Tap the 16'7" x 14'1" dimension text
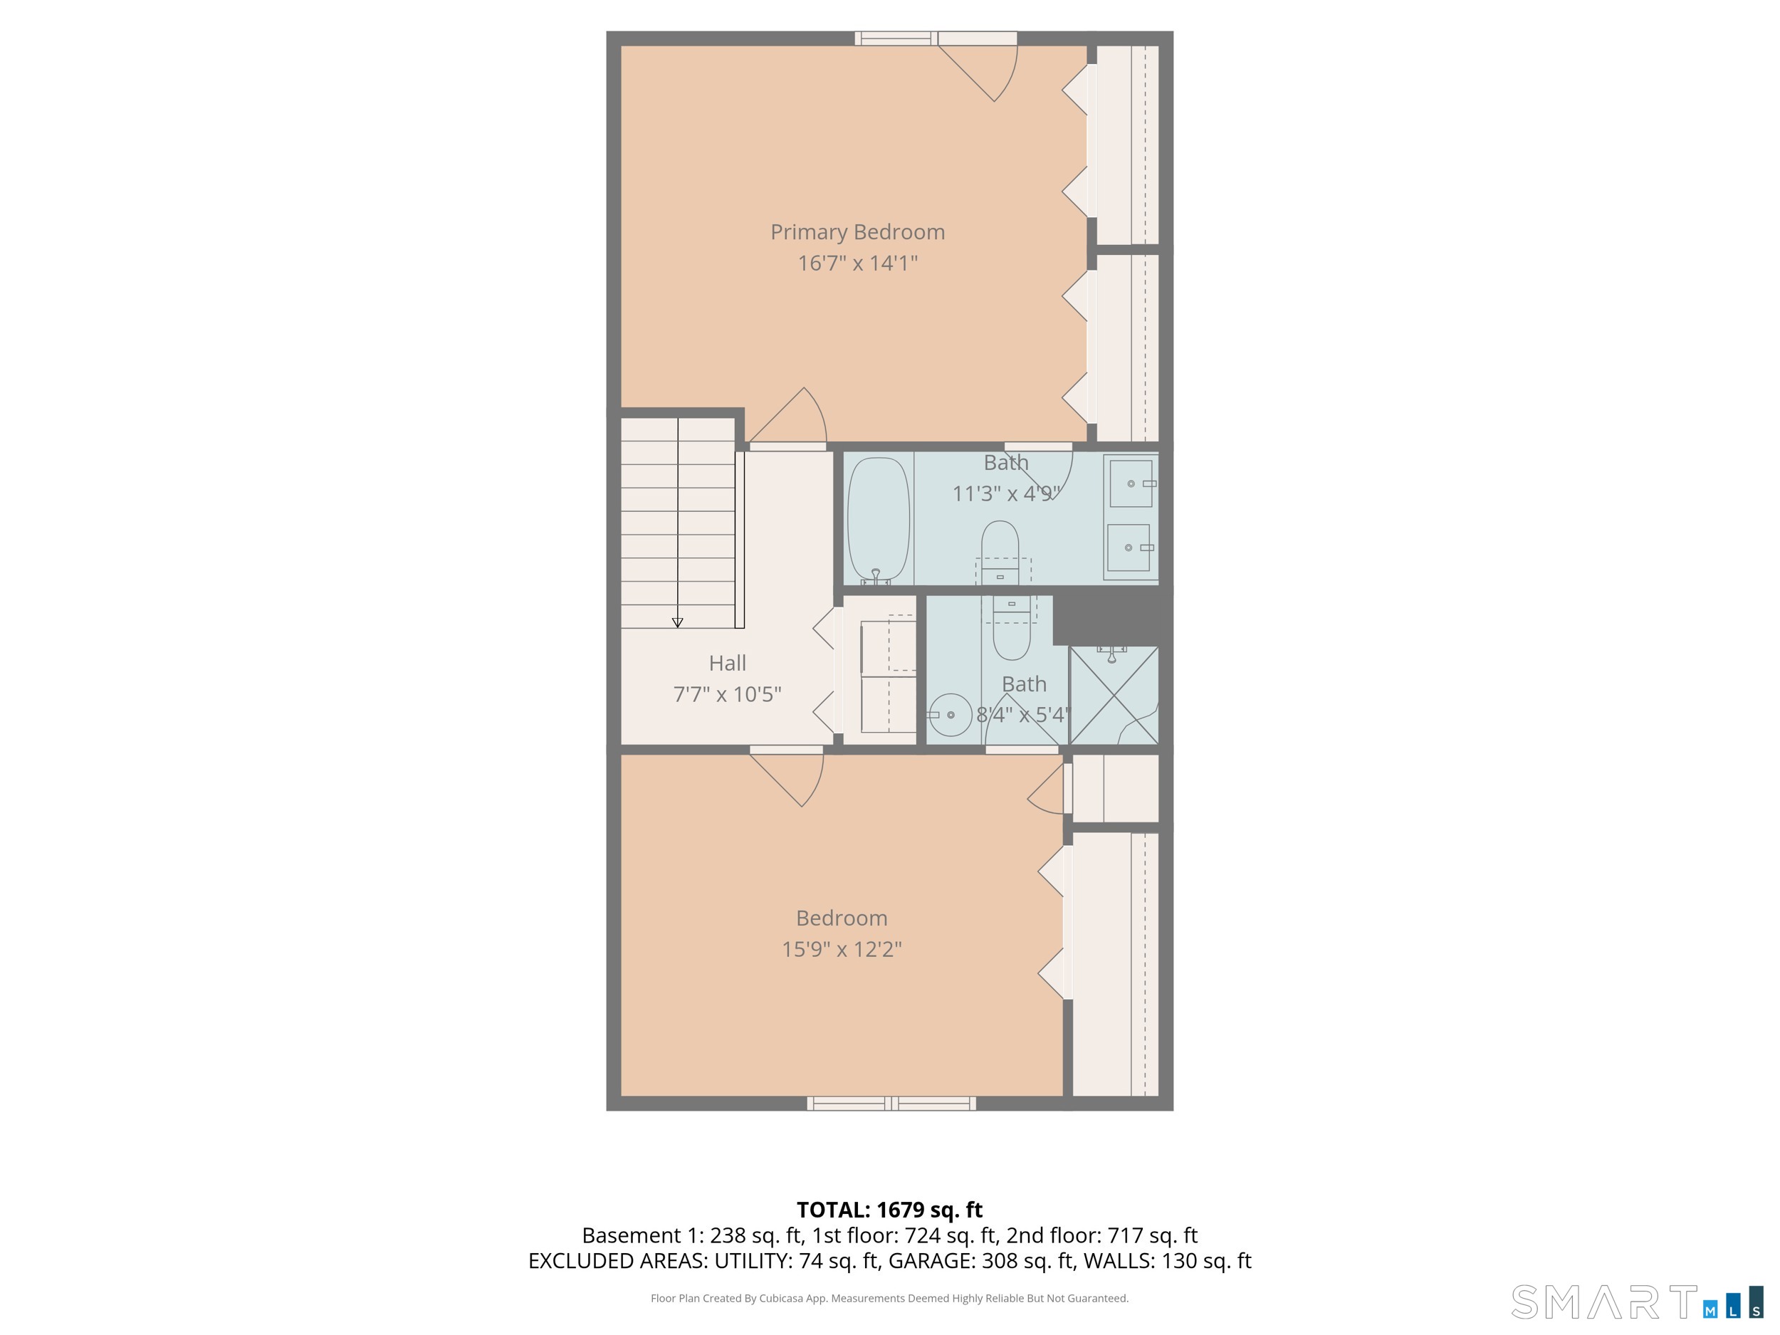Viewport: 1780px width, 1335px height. pyautogui.click(x=857, y=263)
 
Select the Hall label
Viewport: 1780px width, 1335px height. pyautogui.click(x=727, y=663)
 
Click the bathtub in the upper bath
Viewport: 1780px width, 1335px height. pyautogui.click(x=878, y=519)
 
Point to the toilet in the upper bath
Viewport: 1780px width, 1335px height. pyautogui.click(x=1000, y=551)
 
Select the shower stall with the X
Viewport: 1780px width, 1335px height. pyautogui.click(x=1114, y=695)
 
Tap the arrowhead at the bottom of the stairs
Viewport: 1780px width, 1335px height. pyautogui.click(x=678, y=623)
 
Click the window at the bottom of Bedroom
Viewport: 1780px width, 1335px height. pyautogui.click(x=891, y=1104)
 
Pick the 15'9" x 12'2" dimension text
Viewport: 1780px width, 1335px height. pyautogui.click(x=841, y=950)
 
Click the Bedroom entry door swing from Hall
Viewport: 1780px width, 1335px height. pyautogui.click(x=792, y=777)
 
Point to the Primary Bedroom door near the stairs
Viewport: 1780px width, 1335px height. pyautogui.click(x=792, y=419)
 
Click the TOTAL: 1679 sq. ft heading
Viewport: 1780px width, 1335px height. pyautogui.click(x=889, y=1210)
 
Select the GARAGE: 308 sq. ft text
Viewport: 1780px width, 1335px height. pyautogui.click(x=981, y=1261)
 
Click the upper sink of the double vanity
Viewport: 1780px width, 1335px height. pyautogui.click(x=1131, y=483)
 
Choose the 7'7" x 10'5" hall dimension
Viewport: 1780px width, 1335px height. pyautogui.click(x=727, y=694)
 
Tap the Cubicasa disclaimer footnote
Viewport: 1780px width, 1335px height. pyautogui.click(x=889, y=1298)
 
